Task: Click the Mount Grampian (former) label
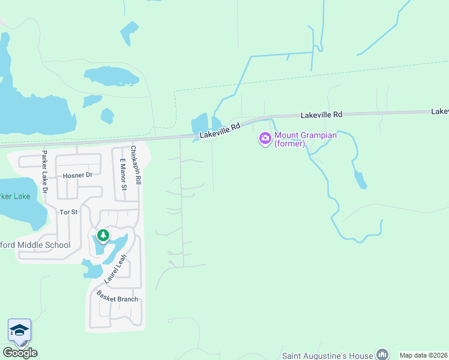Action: coord(305,139)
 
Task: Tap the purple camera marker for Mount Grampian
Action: coord(265,139)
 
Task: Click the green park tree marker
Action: coord(103,235)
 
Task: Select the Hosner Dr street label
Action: coord(77,176)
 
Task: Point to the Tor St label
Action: coord(68,212)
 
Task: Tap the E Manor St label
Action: coord(123,174)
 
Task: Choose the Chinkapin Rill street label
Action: coord(135,164)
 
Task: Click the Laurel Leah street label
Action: coord(115,269)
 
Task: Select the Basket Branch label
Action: coord(118,299)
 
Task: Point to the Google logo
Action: coord(20,353)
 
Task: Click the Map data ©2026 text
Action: coord(424,355)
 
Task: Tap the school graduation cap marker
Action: coord(19,330)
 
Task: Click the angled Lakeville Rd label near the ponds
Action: coord(220,131)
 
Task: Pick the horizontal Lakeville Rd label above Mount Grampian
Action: coord(321,114)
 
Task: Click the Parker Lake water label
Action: coord(14,197)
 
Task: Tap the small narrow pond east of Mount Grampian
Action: coord(360,179)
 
